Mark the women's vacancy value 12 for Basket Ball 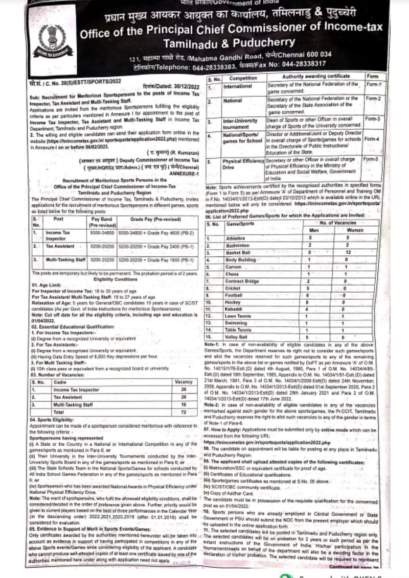click(346, 252)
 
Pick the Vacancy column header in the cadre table click(183, 381)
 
